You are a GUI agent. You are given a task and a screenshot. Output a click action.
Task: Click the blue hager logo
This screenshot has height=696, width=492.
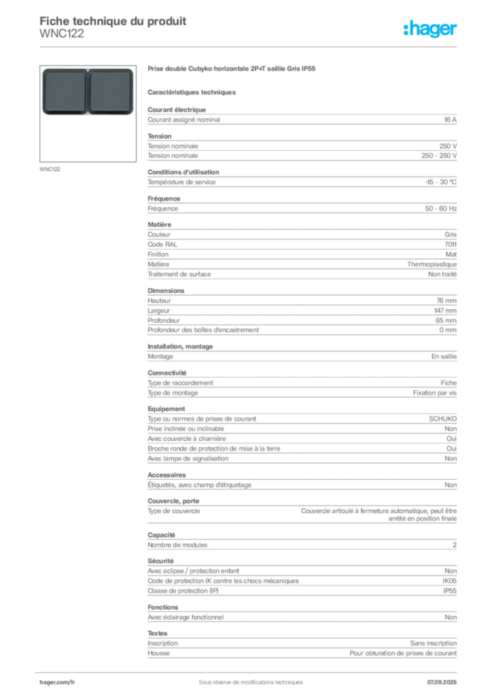[432, 29]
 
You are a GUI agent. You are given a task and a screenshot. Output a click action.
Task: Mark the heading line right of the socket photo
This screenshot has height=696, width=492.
[232, 69]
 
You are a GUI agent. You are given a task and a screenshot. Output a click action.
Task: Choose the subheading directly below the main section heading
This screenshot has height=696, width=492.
[192, 91]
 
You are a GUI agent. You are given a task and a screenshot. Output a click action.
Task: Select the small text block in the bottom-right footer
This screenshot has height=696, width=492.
[442, 678]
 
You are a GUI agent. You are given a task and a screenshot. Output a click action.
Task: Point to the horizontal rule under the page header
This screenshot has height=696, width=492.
[250, 46]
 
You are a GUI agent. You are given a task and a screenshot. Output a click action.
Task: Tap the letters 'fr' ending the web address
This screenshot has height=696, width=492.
[72, 681]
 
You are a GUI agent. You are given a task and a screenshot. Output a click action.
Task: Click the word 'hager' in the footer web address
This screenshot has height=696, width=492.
[48, 681]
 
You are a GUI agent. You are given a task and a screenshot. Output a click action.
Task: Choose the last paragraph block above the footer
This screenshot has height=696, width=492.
[301, 649]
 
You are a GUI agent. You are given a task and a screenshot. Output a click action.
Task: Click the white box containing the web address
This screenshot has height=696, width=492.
[76, 682]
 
